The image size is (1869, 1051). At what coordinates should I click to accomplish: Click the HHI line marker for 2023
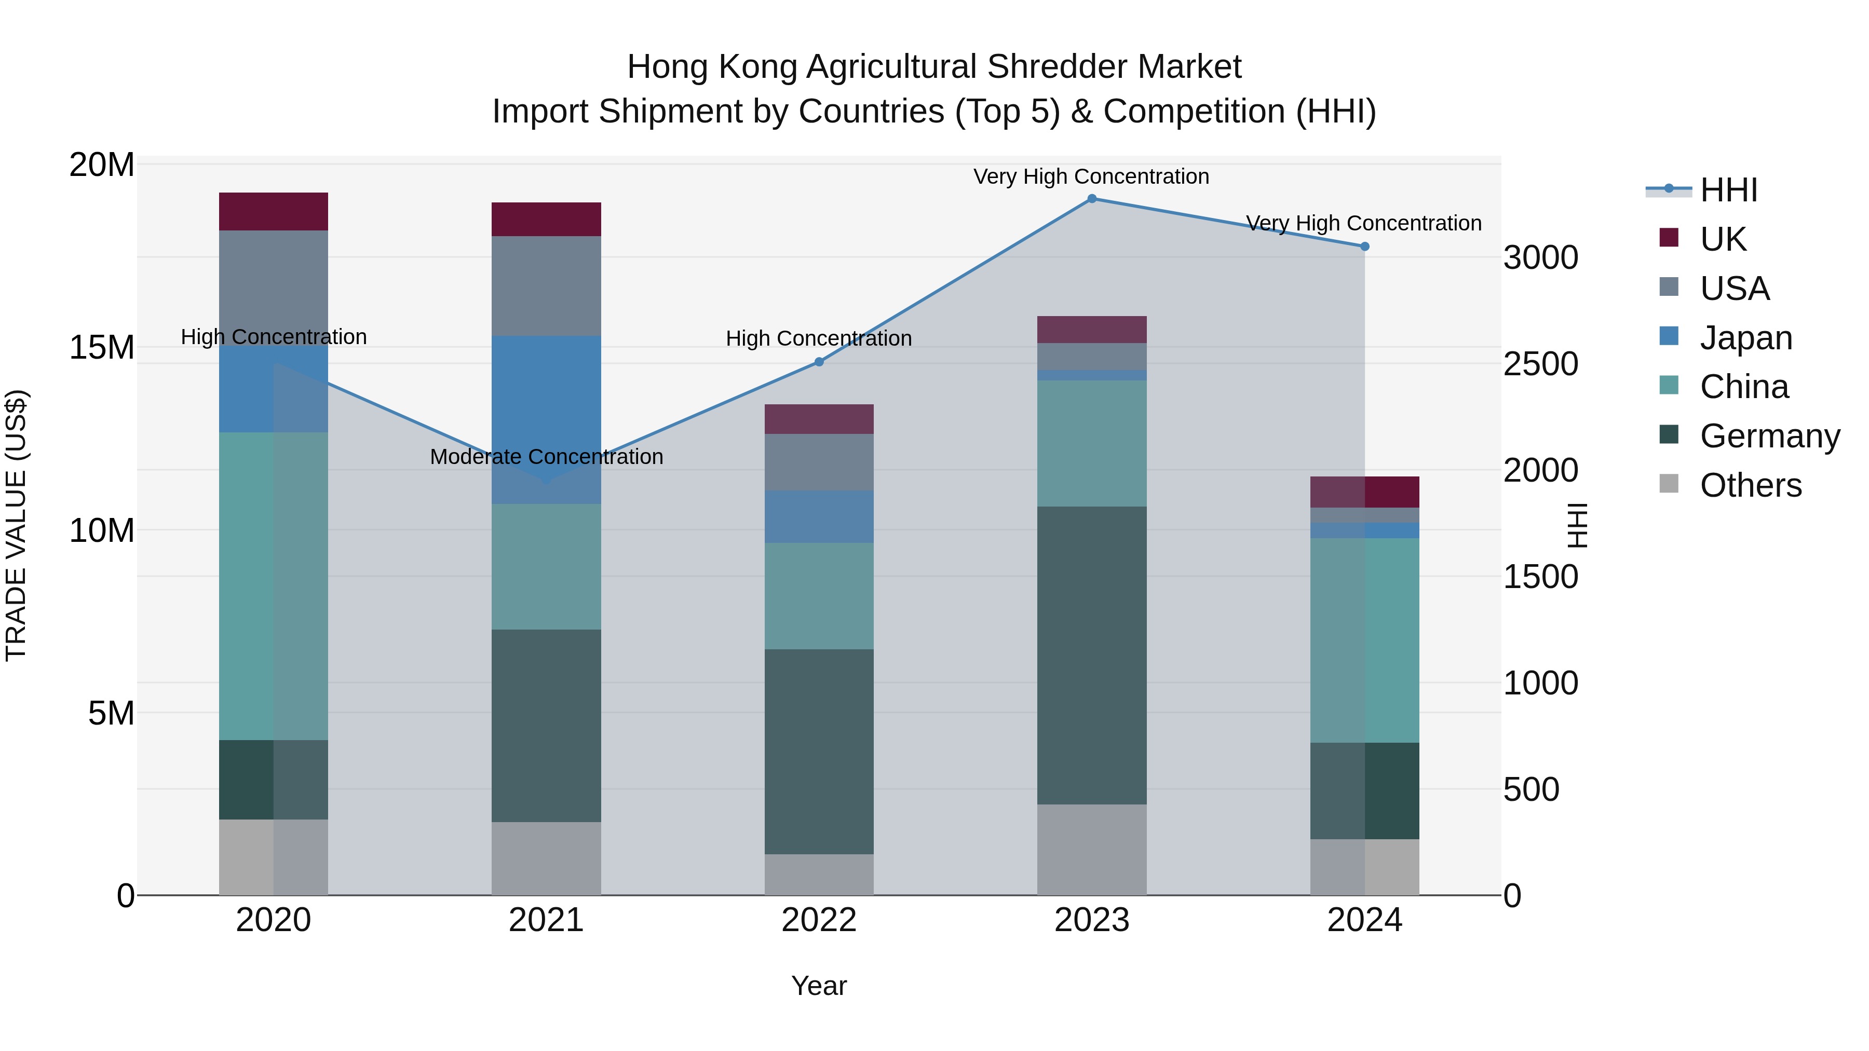click(1091, 199)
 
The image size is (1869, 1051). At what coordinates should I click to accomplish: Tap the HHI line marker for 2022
click(819, 362)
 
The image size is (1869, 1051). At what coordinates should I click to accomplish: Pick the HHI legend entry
click(1728, 190)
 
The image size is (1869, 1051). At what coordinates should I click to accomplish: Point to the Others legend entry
click(1750, 485)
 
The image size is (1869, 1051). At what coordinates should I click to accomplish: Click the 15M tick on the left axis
click(102, 347)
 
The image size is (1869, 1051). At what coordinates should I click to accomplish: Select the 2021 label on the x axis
click(546, 920)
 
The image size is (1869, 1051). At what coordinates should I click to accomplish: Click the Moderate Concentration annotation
click(546, 457)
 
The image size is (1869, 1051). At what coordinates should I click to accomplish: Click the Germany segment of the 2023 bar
click(1091, 655)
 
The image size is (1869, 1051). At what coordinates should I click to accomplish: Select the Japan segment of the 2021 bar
click(546, 419)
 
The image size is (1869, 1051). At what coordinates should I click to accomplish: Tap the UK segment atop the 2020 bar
click(274, 212)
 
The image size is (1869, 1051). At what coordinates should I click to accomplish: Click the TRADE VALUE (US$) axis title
click(16, 525)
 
